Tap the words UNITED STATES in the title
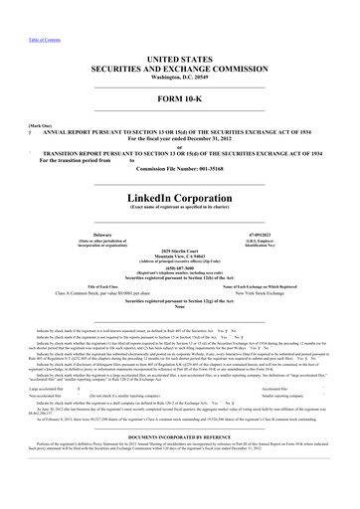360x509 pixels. click(x=180, y=34)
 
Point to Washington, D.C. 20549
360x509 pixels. click(x=180, y=54)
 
